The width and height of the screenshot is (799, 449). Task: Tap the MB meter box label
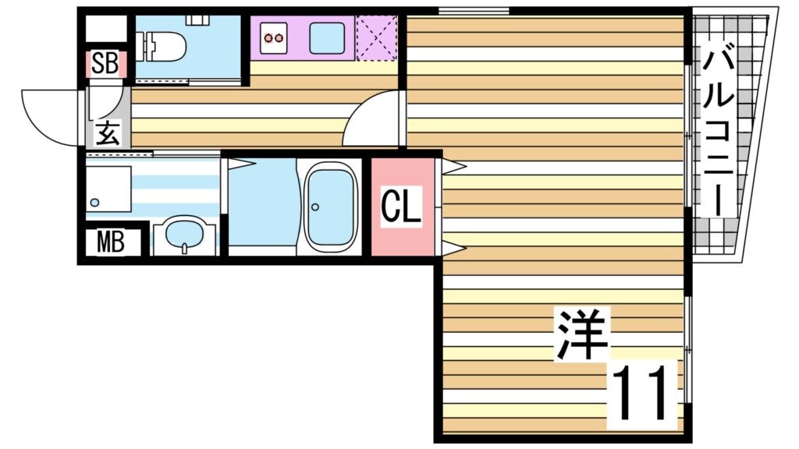110,243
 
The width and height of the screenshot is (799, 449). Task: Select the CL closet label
401,207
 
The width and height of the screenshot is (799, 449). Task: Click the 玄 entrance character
108,133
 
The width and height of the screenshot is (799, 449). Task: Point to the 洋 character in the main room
581,334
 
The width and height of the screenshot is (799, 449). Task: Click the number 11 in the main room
641,394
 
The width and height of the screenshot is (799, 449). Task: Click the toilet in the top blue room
162,46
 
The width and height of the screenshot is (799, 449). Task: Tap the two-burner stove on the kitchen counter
275,37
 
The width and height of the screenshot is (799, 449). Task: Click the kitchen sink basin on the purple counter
327,37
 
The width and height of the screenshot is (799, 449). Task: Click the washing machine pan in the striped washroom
108,189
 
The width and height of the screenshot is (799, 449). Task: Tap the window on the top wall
473,10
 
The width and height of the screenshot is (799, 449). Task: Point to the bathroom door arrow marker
240,162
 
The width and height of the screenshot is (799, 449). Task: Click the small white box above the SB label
105,30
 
